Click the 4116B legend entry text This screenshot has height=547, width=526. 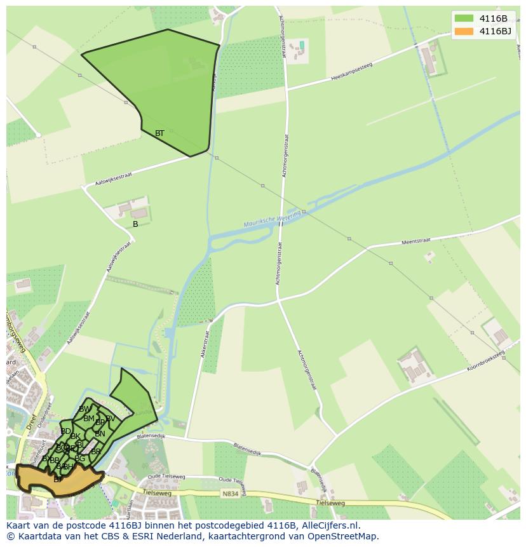click(493, 18)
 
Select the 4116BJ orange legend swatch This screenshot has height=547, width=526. click(464, 31)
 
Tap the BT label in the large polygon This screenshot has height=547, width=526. click(159, 133)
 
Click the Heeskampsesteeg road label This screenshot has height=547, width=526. click(351, 72)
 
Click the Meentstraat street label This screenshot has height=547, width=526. click(416, 242)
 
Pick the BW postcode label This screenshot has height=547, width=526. click(84, 409)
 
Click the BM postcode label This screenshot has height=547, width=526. click(89, 419)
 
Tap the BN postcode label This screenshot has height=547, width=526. click(100, 434)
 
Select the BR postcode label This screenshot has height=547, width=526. click(96, 452)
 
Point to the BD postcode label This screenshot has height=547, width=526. click(65, 431)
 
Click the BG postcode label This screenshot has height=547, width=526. click(79, 459)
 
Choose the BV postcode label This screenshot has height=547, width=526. click(111, 418)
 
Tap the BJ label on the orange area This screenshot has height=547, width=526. click(57, 480)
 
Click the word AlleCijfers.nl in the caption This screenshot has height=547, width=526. click(330, 525)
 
